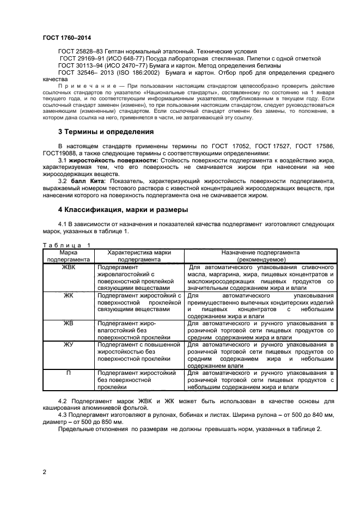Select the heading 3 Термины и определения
coord(106,132)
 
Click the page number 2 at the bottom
coord(44,472)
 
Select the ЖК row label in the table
coord(69,295)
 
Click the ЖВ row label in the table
coord(69,323)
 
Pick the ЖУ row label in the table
coord(69,345)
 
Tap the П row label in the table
coord(69,373)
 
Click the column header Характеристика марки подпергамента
coord(139,257)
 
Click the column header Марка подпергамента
coord(69,257)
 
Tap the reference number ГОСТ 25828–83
coord(76,51)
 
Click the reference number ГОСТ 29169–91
coord(76,58)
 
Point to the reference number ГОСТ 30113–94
coord(76,65)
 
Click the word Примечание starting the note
coord(84,86)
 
